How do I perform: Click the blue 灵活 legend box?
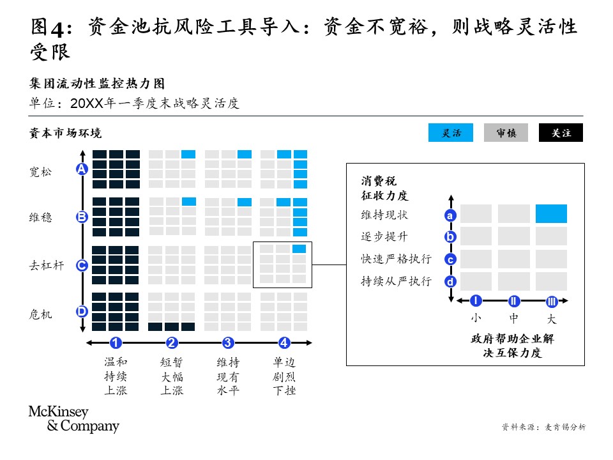point(450,133)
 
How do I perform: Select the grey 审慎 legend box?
point(506,133)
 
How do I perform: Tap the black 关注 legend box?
point(561,133)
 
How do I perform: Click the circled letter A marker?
point(82,169)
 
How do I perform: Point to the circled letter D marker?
point(82,312)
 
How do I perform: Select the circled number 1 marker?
point(116,343)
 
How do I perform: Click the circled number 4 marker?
point(284,343)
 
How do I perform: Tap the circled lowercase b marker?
point(450,237)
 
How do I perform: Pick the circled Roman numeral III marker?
point(552,301)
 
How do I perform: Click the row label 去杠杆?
point(46,266)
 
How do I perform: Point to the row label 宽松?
point(40,172)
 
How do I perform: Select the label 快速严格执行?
point(396,259)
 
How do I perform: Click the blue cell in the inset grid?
point(551,214)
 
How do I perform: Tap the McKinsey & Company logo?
point(74,419)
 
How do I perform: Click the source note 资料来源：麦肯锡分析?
point(543,427)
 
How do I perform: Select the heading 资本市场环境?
point(65,133)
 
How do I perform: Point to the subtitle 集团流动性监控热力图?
point(97,83)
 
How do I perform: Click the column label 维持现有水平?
point(228,376)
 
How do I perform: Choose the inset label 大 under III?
point(552,319)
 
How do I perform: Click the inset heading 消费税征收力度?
point(384,188)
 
